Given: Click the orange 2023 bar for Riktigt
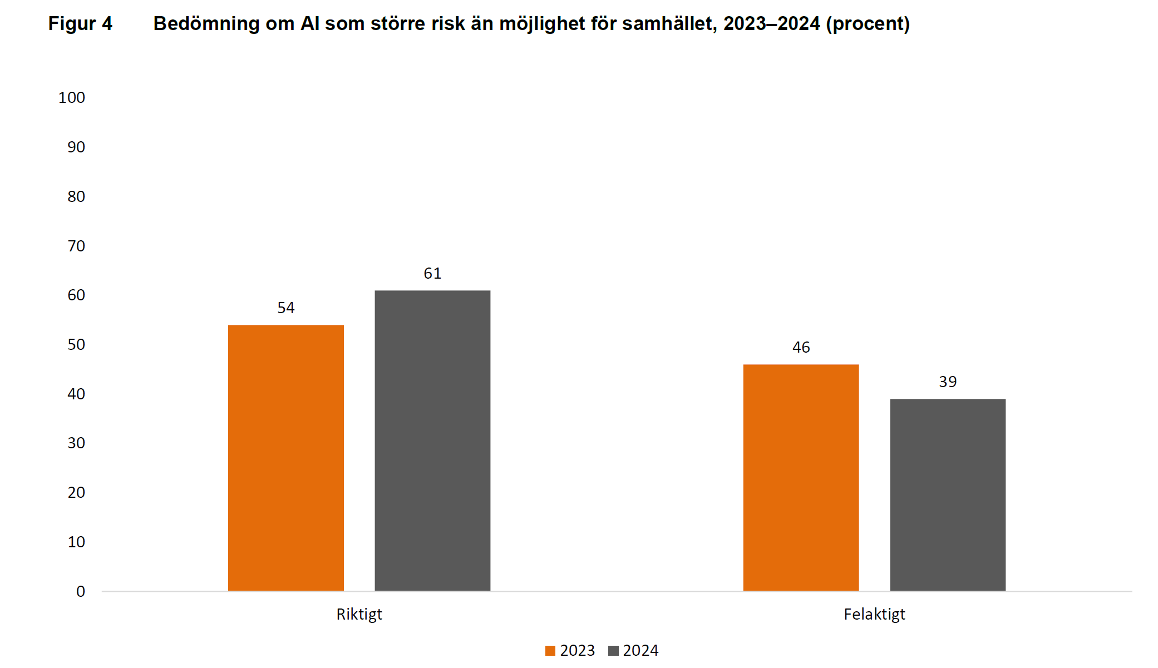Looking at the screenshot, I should pos(285,457).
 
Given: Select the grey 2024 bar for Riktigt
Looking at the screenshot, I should pos(432,440).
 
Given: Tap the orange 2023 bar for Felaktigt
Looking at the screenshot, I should pos(801,477).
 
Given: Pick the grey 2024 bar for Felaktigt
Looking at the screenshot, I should pos(948,494).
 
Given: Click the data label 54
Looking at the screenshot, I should pos(286,308).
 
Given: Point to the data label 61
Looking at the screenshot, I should pos(432,273).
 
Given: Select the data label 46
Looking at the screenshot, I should pos(801,347).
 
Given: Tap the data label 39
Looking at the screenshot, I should pos(948,382).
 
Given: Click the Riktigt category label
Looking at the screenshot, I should pos(359,614).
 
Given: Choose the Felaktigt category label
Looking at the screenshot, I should pos(874,614).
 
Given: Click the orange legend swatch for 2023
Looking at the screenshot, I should pos(550,651).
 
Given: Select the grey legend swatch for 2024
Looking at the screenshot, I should pos(613,651).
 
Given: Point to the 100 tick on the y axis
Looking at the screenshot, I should pos(72,98).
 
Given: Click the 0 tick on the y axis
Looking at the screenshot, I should pos(81,591).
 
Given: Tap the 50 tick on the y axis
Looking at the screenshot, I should pos(76,344).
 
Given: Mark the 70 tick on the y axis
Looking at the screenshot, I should pos(76,246).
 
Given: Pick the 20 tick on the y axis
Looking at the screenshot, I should pos(76,492).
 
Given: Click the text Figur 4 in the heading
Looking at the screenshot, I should pos(80,23).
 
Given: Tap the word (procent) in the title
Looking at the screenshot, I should pos(868,23).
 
